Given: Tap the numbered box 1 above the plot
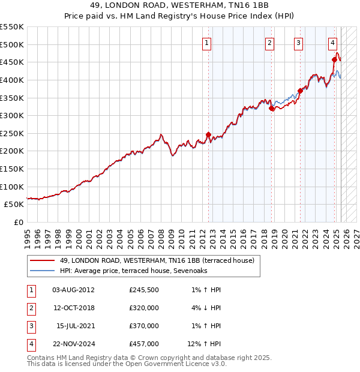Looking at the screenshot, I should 207,43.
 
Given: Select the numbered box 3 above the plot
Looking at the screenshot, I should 298,43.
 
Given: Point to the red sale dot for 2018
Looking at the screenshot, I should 272,109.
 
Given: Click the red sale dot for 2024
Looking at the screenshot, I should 335,59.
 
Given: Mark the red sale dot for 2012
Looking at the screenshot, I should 208,135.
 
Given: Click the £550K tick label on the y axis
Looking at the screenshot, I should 12,27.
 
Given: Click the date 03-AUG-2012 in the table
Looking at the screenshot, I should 74,290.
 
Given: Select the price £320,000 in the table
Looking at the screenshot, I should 144,308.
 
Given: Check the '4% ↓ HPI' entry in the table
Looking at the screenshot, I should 206,308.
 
